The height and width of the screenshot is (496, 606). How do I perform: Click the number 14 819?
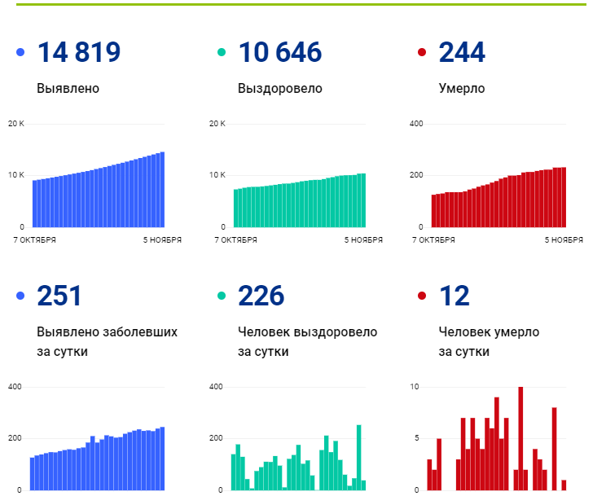click(x=79, y=53)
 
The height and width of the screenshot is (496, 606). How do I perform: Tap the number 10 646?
click(x=279, y=53)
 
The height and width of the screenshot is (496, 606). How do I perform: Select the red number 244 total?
click(x=462, y=53)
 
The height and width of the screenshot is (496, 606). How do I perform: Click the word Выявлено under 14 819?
click(x=68, y=88)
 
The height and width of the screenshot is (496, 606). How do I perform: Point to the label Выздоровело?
click(x=279, y=88)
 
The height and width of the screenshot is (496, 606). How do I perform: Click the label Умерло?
click(x=461, y=88)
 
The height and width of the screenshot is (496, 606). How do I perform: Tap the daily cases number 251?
click(x=59, y=296)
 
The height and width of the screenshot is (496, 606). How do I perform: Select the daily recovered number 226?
click(x=261, y=296)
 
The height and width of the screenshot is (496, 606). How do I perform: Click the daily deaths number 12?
click(x=455, y=296)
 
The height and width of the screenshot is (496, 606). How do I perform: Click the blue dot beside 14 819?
click(x=20, y=53)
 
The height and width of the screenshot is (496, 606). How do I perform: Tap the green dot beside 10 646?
click(x=221, y=53)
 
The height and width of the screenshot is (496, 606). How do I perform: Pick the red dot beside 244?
click(x=421, y=53)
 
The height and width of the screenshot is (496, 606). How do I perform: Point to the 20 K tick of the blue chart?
click(x=16, y=124)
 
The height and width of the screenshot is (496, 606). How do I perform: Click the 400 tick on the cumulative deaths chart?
click(x=415, y=124)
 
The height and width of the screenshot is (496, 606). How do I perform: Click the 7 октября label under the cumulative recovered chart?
click(x=236, y=240)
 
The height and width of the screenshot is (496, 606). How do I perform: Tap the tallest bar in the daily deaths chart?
click(x=520, y=438)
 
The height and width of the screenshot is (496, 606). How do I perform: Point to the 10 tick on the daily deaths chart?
click(x=415, y=386)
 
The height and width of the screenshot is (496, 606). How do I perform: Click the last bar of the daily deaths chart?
click(x=564, y=485)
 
